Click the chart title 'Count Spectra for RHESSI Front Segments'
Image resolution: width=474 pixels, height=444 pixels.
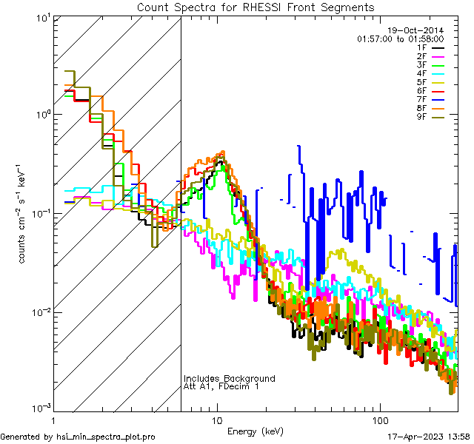coord(256,7)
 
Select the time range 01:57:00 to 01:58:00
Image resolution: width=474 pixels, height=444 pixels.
coord(400,38)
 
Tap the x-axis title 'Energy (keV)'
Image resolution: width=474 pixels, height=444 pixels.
coord(256,431)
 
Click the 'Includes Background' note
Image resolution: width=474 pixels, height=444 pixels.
coord(229,378)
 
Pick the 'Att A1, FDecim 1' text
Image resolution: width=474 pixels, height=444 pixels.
coord(221,387)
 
